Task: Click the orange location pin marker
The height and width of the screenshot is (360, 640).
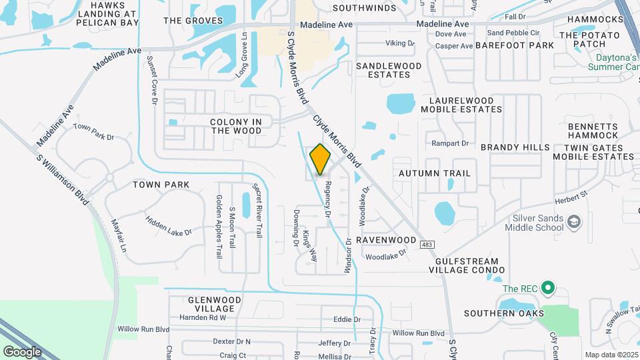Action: pos(321,159)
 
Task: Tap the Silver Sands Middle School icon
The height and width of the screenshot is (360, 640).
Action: pos(573,220)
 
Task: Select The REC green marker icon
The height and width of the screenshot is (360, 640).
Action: pos(548,289)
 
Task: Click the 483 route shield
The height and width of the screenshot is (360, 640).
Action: pos(428,245)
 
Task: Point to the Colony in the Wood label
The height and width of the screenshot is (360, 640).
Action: pos(236,126)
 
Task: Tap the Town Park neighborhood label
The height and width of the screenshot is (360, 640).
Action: pos(161,185)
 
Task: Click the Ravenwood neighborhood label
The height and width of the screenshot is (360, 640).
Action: pos(386,239)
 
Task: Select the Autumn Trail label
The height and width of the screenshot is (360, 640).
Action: pos(435,173)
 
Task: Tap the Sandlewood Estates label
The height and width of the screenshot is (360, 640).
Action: pos(389,70)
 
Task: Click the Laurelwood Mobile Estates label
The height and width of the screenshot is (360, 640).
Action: pos(457,105)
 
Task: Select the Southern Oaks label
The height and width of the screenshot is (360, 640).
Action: pos(504,313)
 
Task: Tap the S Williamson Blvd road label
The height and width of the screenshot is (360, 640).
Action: pos(64,176)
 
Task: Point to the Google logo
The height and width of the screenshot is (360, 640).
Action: pos(22,351)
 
